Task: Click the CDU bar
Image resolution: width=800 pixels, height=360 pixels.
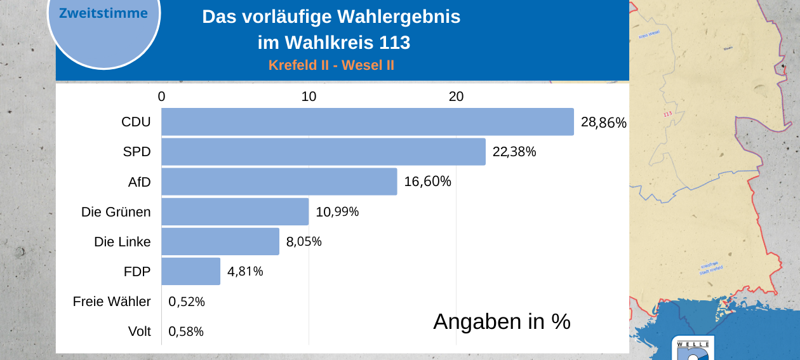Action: coord(367,122)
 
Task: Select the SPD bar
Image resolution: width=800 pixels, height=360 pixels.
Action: coord(323,152)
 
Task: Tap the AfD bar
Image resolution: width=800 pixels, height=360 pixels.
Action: coord(279,182)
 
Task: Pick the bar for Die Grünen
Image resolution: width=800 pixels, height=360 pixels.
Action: coord(235,211)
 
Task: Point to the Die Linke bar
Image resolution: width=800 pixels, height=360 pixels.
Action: coord(220,241)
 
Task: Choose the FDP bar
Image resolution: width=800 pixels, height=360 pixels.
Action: coord(190,271)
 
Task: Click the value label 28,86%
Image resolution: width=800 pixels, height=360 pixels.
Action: coord(603,123)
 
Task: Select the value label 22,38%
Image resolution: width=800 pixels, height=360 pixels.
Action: coord(514,152)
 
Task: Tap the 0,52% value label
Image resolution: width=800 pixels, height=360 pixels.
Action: coord(187,302)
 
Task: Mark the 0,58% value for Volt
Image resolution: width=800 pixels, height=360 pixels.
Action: coord(187,331)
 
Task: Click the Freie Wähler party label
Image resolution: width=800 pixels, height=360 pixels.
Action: coord(112,302)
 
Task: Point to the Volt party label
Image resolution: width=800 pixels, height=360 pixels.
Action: coord(139,331)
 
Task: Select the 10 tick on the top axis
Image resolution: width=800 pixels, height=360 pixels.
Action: coord(309,97)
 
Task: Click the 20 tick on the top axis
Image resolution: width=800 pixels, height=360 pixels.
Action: coord(456,97)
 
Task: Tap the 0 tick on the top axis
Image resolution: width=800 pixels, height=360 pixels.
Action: coord(161,97)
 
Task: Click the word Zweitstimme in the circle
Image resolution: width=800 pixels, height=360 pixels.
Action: coord(103,13)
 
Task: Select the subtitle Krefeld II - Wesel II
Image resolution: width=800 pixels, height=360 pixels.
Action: coord(331,65)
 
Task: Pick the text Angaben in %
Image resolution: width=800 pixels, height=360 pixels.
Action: coord(502,322)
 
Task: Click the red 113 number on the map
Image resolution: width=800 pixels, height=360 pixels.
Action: coord(667,114)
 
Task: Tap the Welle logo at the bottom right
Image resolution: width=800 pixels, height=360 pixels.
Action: coord(693,349)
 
